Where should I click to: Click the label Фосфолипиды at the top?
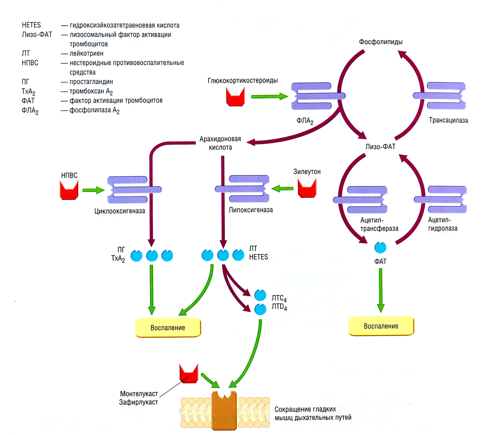381,42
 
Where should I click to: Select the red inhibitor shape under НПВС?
68,190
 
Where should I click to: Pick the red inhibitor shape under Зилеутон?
307,188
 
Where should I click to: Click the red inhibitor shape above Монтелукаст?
188,373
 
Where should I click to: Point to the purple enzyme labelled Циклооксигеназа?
133,189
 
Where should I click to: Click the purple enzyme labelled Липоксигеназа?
241,188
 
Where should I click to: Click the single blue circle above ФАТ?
380,248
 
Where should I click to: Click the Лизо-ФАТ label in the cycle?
380,147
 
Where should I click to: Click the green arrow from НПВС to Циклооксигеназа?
93,190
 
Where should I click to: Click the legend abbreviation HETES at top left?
31,25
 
